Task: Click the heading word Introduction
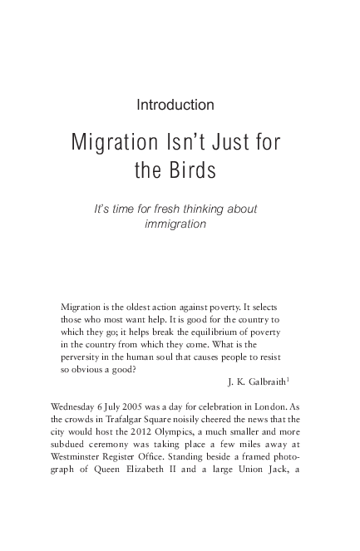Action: pyautogui.click(x=175, y=106)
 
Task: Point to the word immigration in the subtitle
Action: pyautogui.click(x=175, y=224)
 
